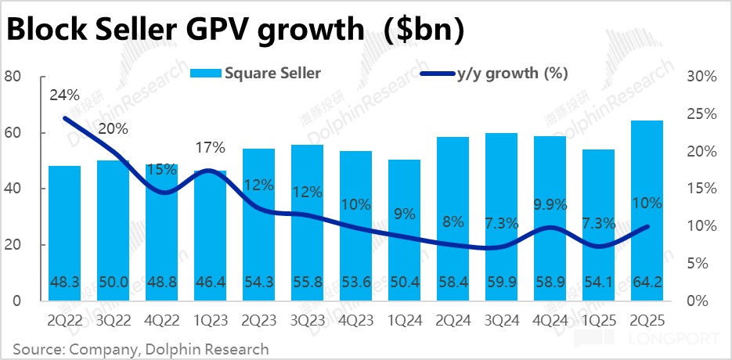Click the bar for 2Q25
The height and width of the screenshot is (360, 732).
pos(647,211)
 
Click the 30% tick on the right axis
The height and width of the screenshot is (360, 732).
pos(701,77)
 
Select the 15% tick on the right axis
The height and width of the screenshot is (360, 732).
pos(701,189)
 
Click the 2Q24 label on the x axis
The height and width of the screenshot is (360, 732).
pos(453,321)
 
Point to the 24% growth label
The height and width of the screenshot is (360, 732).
pos(64,95)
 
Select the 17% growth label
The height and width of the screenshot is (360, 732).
pos(211,147)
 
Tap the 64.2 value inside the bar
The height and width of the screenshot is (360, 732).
pos(647,281)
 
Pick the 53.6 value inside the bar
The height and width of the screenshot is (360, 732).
pos(356,281)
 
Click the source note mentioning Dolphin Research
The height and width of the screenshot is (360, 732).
pos(141,348)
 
